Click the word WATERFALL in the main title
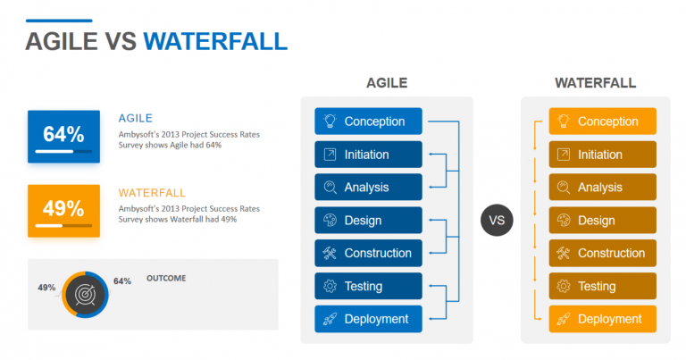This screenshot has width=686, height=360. [x=214, y=41]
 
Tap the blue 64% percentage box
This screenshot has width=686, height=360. [x=63, y=136]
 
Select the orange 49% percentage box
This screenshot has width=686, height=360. [x=63, y=210]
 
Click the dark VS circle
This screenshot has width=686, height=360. [x=497, y=220]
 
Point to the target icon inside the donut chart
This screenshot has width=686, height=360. [x=86, y=293]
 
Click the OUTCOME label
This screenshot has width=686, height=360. [x=166, y=278]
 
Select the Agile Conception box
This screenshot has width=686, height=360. [x=368, y=121]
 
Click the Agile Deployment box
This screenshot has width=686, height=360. [x=368, y=319]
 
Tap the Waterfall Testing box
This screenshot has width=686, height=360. [x=603, y=286]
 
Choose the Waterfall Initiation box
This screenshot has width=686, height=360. [x=603, y=155]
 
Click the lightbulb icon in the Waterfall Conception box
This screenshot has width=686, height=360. [x=563, y=121]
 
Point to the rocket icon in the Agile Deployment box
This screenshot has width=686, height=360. [x=329, y=319]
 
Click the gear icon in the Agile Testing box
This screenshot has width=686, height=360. [x=329, y=286]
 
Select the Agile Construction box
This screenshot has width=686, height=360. [x=368, y=253]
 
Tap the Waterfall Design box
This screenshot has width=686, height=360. [x=603, y=221]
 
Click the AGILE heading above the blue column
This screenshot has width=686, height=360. [x=386, y=83]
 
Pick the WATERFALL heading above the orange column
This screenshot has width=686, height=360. [x=595, y=83]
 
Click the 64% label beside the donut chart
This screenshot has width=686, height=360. [x=122, y=281]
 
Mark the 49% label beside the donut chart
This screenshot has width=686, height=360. [x=46, y=288]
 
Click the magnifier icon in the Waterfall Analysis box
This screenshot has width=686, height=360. [x=563, y=188]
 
